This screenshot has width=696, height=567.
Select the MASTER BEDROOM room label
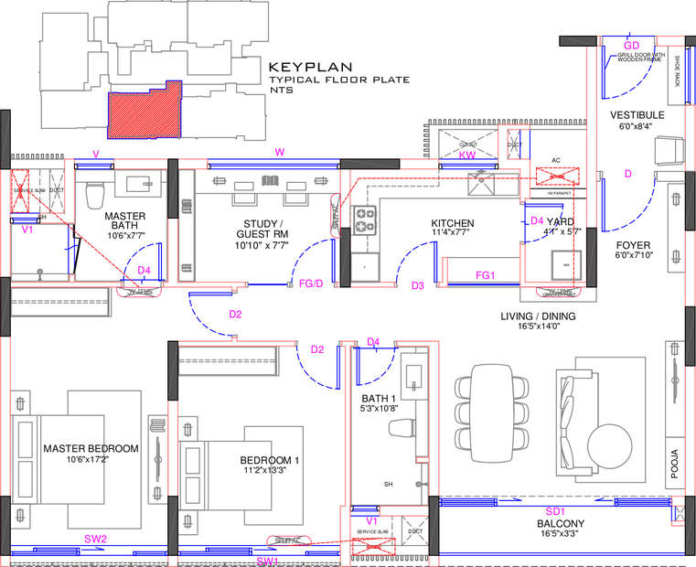point(91,448)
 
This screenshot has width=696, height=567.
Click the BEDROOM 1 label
point(270,460)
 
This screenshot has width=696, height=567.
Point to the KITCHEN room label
point(453,223)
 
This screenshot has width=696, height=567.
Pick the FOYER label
point(633,245)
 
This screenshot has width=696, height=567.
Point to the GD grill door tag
point(631,45)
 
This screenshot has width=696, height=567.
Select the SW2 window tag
point(96,540)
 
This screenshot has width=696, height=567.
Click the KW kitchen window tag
point(467,156)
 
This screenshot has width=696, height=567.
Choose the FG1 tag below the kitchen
point(485,274)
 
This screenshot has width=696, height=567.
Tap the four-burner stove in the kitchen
point(366,220)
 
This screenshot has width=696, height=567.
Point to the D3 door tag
point(418,286)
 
